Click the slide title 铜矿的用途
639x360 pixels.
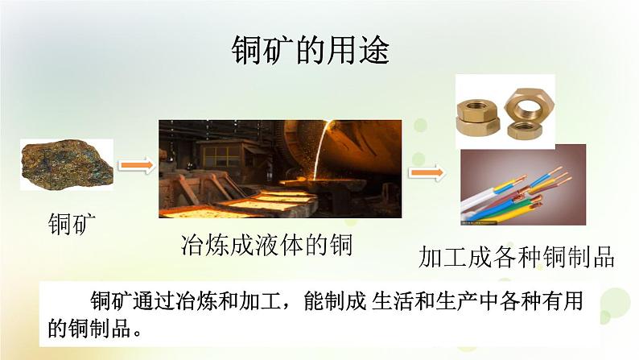pos(310,52)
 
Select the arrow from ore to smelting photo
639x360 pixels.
pos(135,165)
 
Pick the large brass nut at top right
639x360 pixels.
pos(531,102)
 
